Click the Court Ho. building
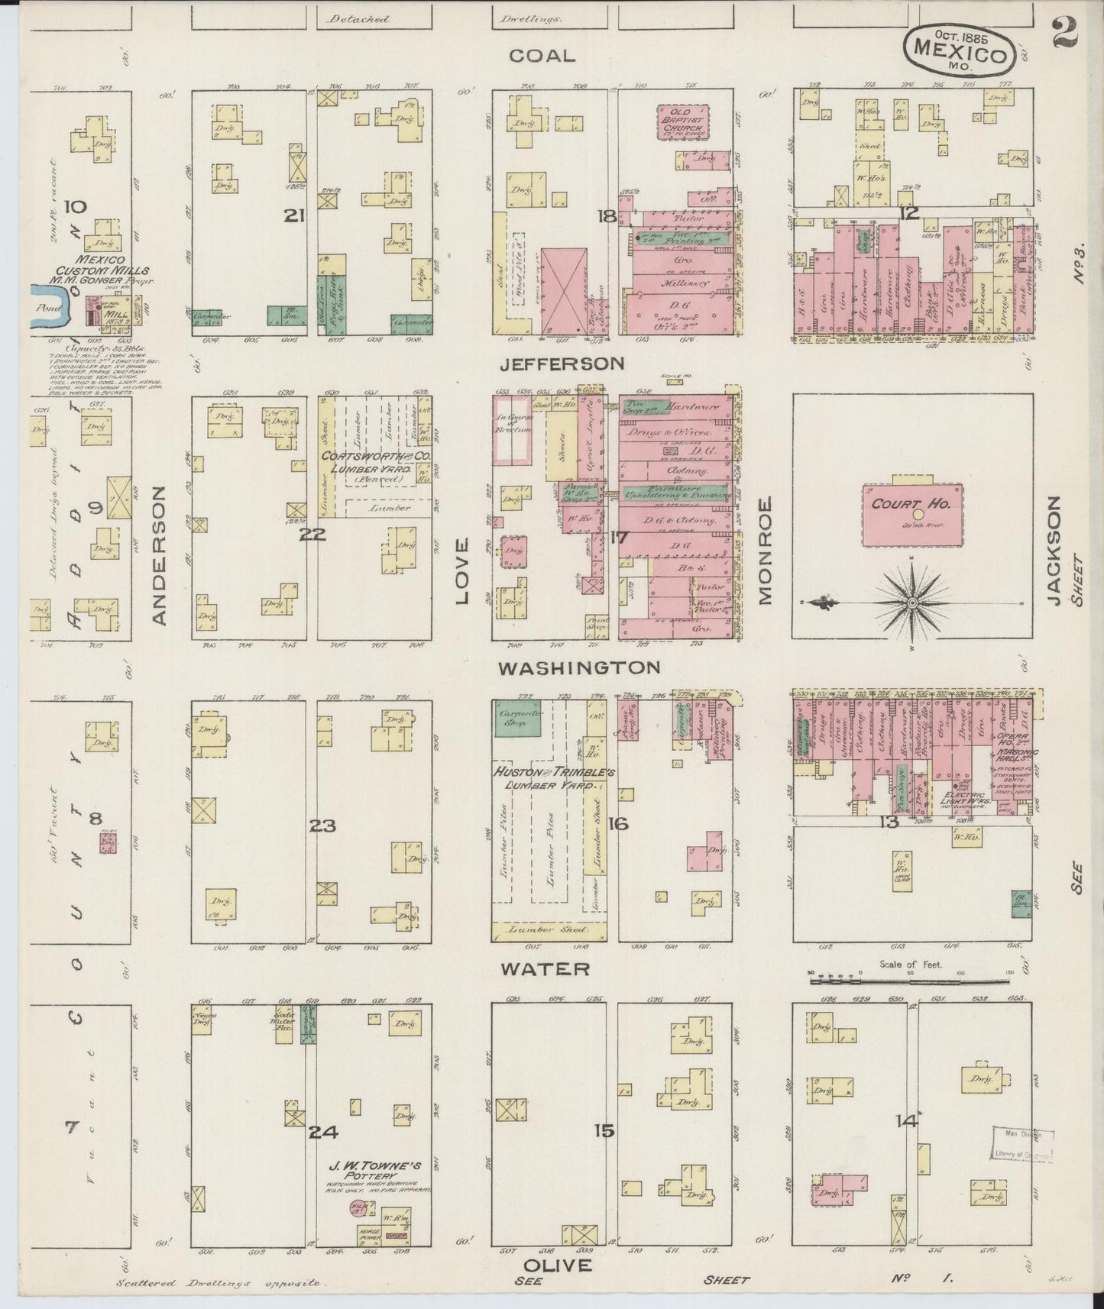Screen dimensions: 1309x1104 912,515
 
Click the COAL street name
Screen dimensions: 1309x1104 542,56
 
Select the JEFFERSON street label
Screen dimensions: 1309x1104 562,364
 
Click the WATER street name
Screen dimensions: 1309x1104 545,969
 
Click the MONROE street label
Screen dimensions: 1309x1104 765,550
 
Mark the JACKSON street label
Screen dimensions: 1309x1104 1054,550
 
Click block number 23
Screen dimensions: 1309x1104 323,826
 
